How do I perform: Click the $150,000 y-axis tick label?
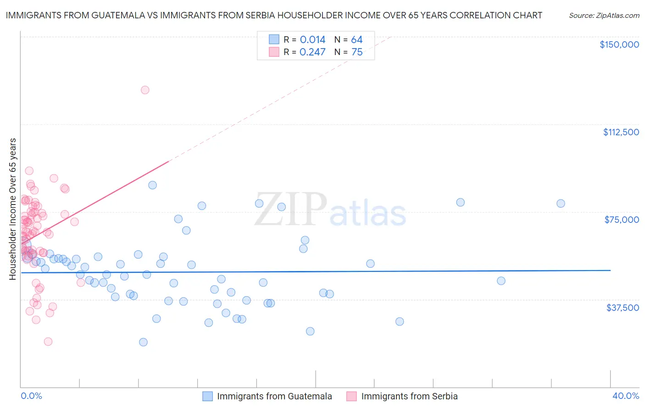pos(619,44)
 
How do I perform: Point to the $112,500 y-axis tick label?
pos(621,132)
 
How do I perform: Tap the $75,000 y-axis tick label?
pos(622,220)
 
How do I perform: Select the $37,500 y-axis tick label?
pos(623,308)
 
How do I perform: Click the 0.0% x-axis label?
pos(31,396)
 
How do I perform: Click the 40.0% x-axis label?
pos(625,396)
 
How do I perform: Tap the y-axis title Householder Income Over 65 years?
pos(13,209)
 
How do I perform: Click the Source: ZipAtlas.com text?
pos(604,16)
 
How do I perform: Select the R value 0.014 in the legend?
pos(312,40)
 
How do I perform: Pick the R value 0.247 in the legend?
pos(312,52)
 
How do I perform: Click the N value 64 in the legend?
pos(357,40)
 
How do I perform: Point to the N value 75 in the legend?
pos(357,52)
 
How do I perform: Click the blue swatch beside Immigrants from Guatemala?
pos(207,396)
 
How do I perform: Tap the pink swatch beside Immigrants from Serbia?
pos(351,396)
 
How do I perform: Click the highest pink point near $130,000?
pos(145,90)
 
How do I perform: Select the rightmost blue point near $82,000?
pos(561,204)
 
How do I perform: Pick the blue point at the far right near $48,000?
pos(501,281)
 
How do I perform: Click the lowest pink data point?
pos(48,342)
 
